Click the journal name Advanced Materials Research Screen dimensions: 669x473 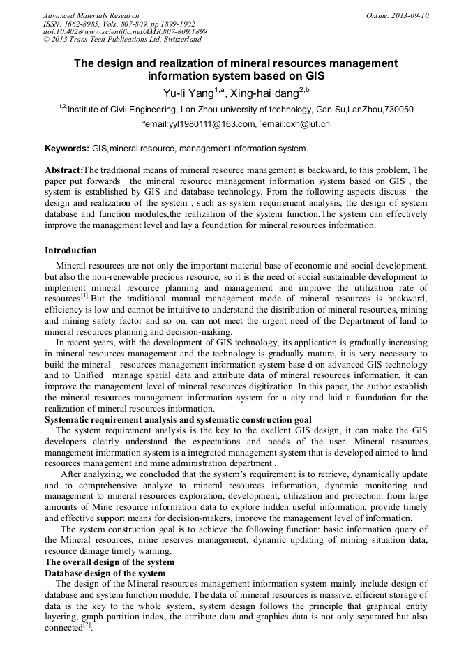[91, 15]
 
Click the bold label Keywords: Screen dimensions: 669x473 [67, 149]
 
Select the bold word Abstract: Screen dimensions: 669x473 [63, 170]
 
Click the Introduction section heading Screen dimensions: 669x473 [70, 250]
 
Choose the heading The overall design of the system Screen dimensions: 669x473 [110, 562]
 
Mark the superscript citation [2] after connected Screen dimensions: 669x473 [87, 625]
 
